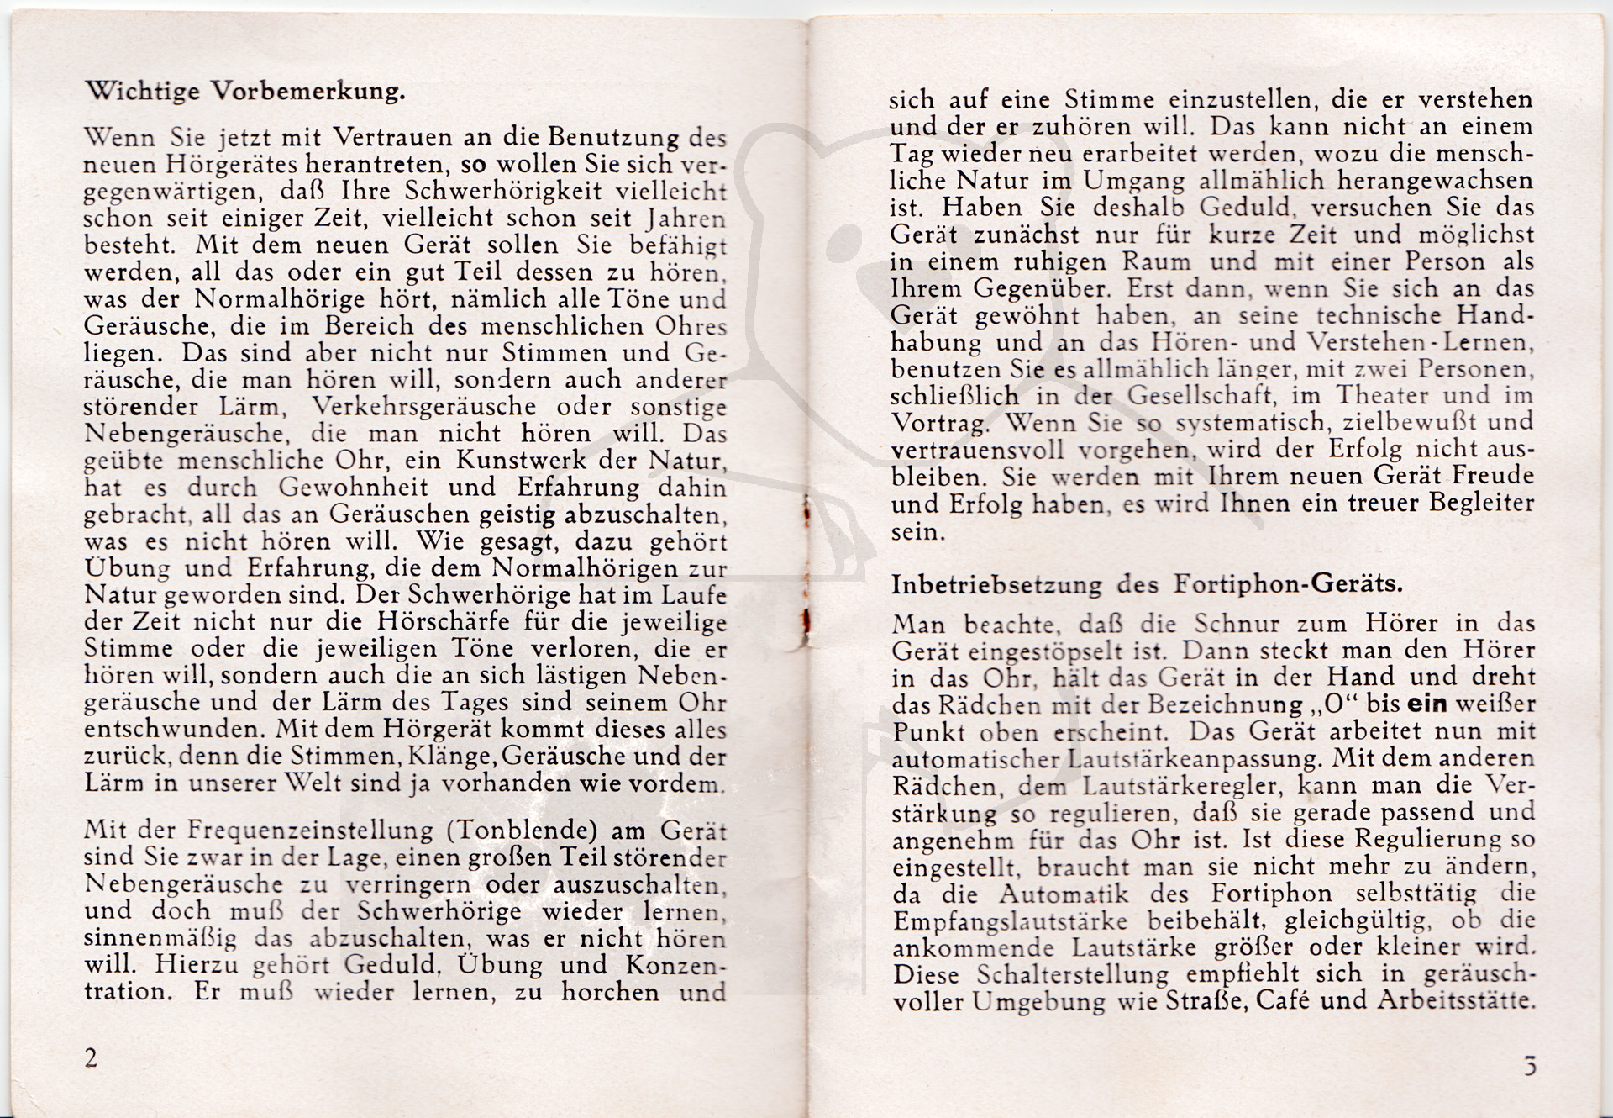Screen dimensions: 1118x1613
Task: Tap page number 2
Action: tap(91, 1057)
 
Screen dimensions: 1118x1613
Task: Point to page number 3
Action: tap(1530, 1067)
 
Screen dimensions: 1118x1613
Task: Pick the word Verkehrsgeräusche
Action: tap(424, 407)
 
